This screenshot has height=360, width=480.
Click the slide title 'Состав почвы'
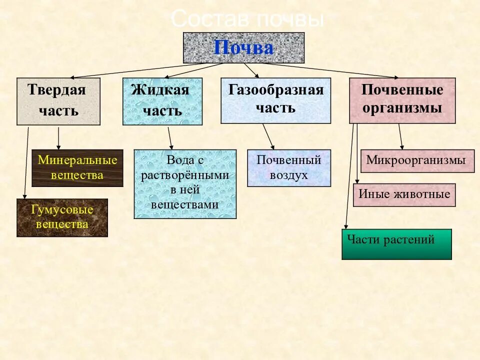click(248, 20)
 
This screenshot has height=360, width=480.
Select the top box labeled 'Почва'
click(243, 48)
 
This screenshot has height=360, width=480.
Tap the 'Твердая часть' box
click(58, 101)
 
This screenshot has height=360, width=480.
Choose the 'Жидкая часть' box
click(162, 101)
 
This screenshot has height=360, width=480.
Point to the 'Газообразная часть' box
click(275, 100)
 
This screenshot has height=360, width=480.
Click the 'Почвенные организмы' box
click(402, 100)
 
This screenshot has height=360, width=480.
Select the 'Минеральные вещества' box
click(77, 168)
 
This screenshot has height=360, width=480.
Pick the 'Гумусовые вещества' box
click(62, 217)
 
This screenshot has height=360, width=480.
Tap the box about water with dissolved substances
click(185, 183)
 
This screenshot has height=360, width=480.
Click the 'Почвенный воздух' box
click(289, 168)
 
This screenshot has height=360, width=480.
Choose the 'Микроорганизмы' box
click(417, 161)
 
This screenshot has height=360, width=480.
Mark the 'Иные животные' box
click(404, 195)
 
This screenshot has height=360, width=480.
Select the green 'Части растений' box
click(396, 244)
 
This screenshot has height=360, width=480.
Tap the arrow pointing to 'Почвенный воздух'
click(268, 136)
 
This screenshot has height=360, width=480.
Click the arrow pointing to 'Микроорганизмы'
click(401, 136)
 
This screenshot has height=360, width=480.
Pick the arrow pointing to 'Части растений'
click(349, 175)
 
